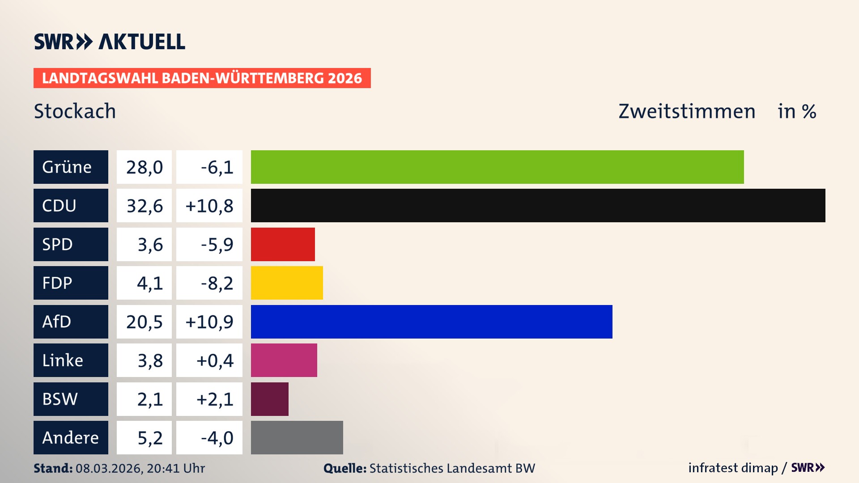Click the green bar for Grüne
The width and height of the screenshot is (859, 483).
497,167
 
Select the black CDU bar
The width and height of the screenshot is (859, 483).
538,205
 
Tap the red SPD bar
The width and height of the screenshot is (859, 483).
283,244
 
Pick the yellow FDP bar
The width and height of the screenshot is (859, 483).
287,283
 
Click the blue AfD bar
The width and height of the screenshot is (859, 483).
431,322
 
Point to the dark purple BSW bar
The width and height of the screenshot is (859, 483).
269,399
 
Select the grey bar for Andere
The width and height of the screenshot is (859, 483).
297,437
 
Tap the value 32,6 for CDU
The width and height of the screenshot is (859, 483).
144,206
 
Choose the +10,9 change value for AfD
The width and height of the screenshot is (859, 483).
209,322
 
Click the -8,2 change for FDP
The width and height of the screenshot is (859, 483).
217,283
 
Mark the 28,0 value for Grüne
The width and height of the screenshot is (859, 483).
144,167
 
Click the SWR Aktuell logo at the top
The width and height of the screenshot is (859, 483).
109,42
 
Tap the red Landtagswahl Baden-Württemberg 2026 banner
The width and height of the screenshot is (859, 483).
202,78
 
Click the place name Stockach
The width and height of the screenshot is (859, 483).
75,111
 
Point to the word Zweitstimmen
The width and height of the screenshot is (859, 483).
687,111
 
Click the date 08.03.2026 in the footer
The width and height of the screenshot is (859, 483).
109,468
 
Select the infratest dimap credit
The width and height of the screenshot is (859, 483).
733,468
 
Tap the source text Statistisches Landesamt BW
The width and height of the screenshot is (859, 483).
452,468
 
